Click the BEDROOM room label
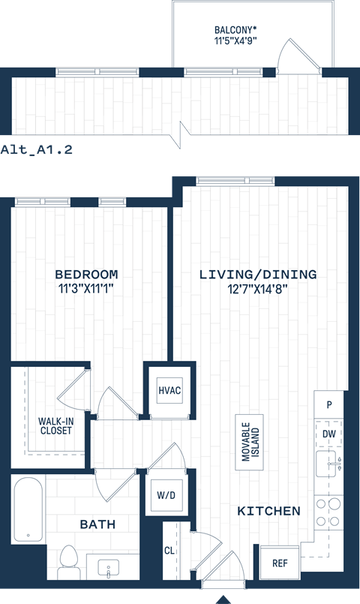coord(88,274)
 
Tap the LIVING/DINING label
coord(257,274)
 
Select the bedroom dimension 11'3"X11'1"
coord(88,287)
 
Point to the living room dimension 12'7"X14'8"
coord(257,287)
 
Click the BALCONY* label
coord(234,31)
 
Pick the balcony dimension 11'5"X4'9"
coord(234,43)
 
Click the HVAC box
coord(169,391)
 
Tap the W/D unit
coord(167,496)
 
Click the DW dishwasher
coord(328,434)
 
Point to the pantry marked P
coord(328,404)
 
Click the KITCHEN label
coord(268,511)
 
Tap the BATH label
coord(97,524)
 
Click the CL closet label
coord(170,550)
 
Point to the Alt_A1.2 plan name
coord(36,149)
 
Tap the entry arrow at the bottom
coord(223,599)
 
